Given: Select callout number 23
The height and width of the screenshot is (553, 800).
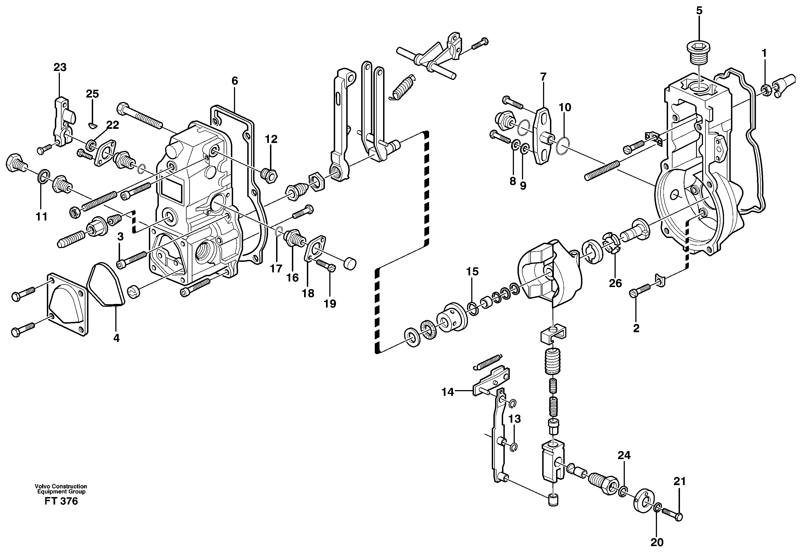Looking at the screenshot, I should [60, 67].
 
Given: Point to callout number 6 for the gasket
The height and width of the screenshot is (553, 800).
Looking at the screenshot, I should [235, 81].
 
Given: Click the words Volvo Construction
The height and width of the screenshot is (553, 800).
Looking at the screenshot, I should [61, 487].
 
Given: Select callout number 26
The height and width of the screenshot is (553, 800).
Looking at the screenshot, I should [615, 283].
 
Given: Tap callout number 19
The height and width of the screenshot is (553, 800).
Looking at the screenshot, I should [330, 304].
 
